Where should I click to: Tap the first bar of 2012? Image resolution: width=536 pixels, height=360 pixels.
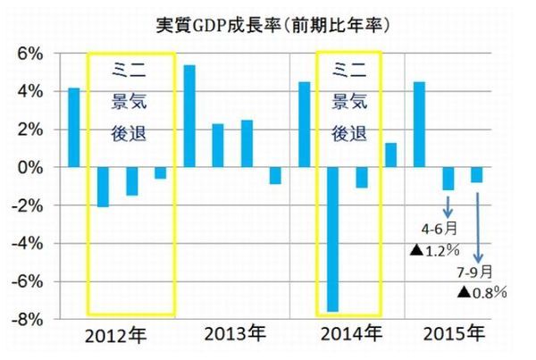coord(74,128)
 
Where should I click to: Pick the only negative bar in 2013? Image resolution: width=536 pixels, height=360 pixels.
coord(274,175)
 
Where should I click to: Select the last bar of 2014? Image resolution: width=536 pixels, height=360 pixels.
coord(390,155)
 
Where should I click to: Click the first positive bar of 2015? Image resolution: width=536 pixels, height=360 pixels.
coord(419,124)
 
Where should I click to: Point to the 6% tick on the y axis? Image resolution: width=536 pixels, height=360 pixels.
coord(30,54)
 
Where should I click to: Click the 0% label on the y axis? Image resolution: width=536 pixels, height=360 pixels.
coord(30,167)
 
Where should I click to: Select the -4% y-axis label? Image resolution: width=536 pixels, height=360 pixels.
coord(29,243)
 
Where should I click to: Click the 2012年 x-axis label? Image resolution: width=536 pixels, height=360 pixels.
coord(116,337)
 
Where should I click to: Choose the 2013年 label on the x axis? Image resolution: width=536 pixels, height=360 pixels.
coord(234,337)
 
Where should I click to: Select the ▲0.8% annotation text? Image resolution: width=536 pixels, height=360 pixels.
coord(482,292)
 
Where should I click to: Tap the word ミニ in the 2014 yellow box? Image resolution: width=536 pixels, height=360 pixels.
coord(348,68)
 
